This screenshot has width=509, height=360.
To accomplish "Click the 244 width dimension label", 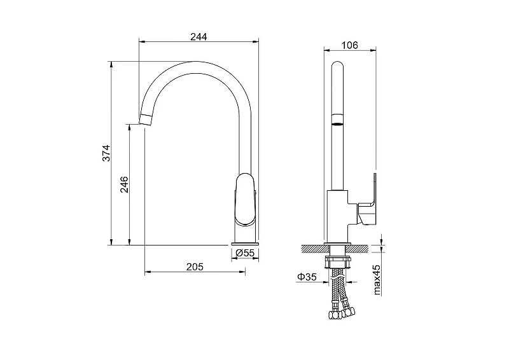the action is coord(199,37).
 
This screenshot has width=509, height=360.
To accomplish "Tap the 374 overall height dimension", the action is coord(106,153).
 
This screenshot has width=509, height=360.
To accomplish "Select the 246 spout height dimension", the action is coord(124,184).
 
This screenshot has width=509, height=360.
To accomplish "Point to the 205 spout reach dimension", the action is coord(195,267).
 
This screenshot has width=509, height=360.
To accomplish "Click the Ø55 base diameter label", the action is coord(245,253).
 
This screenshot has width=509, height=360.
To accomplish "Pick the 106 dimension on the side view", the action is coord(349,45).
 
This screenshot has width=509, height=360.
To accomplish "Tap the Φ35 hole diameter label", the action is coord(307,277).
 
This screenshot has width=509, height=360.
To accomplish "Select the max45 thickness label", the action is coord(377,279).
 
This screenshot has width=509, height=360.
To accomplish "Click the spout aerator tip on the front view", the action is coord(146,120).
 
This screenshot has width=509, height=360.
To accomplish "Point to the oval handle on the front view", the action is coord(245,199).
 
